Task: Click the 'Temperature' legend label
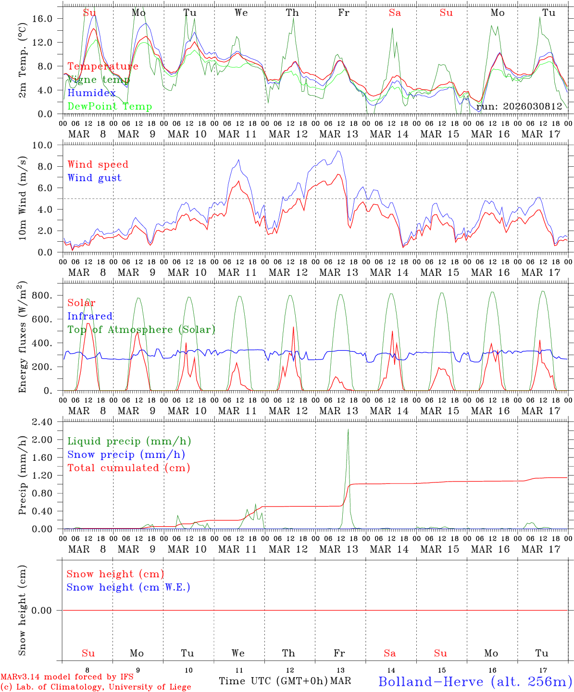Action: [x=103, y=66]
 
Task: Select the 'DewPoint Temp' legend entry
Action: [x=110, y=106]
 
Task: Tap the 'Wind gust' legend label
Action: [x=94, y=178]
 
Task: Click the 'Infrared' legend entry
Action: [x=90, y=316]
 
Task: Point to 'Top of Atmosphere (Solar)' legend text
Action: [x=141, y=330]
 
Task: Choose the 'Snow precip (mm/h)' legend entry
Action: [x=126, y=455]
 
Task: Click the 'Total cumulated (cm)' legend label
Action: [x=128, y=468]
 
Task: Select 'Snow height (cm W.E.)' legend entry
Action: [x=128, y=587]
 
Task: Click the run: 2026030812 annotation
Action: [x=519, y=107]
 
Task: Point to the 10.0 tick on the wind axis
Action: [x=48, y=145]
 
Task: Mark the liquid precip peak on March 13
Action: [x=348, y=429]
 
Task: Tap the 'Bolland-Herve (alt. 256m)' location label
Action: [x=474, y=681]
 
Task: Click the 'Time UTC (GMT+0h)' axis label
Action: [x=273, y=681]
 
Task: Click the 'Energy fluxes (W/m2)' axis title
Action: [x=23, y=337]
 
